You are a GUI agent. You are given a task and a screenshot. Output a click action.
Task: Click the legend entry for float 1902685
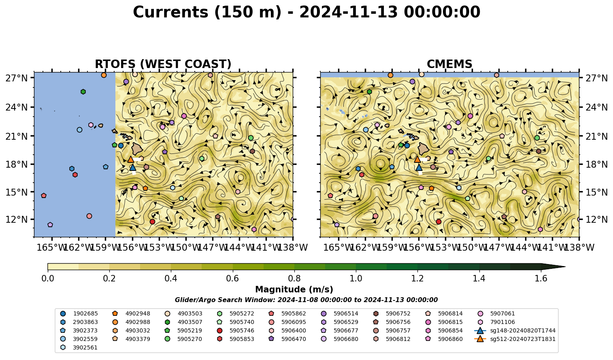[x=79, y=314]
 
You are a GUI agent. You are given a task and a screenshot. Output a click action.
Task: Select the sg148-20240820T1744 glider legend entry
[x=515, y=331]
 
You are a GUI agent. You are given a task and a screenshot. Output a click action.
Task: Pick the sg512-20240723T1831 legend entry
[x=515, y=339]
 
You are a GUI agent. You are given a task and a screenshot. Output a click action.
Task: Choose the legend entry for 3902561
[x=79, y=348]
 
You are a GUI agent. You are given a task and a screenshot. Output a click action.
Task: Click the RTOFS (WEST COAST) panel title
[x=163, y=64]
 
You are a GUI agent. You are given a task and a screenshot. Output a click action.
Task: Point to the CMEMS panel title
[x=449, y=64]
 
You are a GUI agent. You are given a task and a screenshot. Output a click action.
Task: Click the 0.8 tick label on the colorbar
[x=294, y=279]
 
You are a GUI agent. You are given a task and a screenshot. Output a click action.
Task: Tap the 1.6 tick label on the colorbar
[x=541, y=279]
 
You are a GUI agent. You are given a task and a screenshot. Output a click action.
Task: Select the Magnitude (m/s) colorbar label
[x=294, y=290]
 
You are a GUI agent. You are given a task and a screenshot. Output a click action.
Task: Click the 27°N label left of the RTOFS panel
[x=17, y=78]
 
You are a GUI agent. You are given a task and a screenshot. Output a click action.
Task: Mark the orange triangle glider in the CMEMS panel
[x=417, y=159]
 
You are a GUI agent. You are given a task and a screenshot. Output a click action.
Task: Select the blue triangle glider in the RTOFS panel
[x=133, y=167]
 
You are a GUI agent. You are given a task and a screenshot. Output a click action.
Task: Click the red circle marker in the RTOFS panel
[x=152, y=222]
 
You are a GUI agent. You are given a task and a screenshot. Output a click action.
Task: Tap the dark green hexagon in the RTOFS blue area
[x=83, y=92]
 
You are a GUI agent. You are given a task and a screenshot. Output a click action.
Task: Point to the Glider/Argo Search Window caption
[x=306, y=300]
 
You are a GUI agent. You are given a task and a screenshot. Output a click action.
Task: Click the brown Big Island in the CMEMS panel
[x=424, y=148]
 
